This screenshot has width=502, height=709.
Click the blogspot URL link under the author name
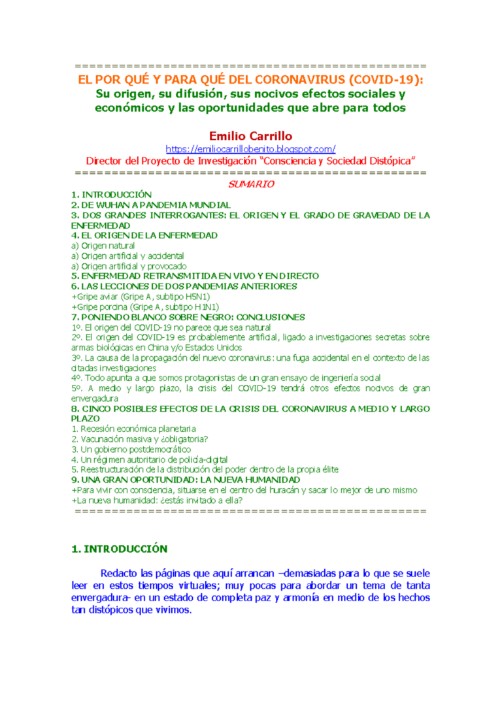[x=251, y=149]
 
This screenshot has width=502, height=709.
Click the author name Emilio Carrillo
[x=251, y=136]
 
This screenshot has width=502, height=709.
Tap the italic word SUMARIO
[x=251, y=184]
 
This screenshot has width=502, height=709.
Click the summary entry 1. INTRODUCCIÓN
[x=111, y=195]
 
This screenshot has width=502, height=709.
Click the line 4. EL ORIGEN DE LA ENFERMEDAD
[x=144, y=235]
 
